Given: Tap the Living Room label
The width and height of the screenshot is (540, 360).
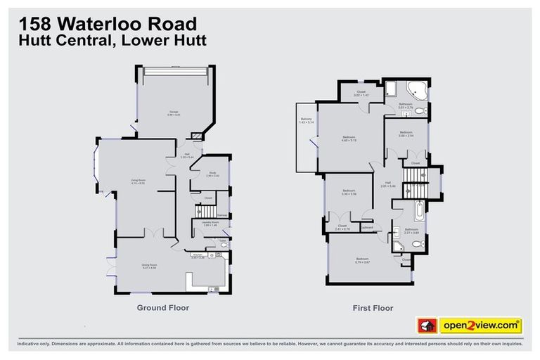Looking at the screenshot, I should coord(137,181).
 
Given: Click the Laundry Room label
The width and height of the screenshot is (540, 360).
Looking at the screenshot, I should coord(208,223).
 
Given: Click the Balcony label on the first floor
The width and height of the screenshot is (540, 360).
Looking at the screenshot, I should coord(306,120).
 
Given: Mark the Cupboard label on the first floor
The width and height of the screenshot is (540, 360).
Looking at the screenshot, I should coord(366,227).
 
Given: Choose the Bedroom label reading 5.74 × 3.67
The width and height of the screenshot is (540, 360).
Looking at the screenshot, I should coord(361,261).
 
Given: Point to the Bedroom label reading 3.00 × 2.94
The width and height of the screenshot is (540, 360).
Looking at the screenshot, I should coord(406,134).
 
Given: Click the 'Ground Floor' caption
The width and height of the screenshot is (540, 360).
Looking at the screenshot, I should coord(162,307).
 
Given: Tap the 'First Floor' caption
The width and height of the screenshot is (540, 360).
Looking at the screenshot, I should coord(372,307).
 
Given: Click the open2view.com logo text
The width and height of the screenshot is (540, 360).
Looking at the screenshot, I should coord(481,326).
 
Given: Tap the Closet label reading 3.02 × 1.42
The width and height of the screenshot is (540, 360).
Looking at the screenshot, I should coord(361,93).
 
